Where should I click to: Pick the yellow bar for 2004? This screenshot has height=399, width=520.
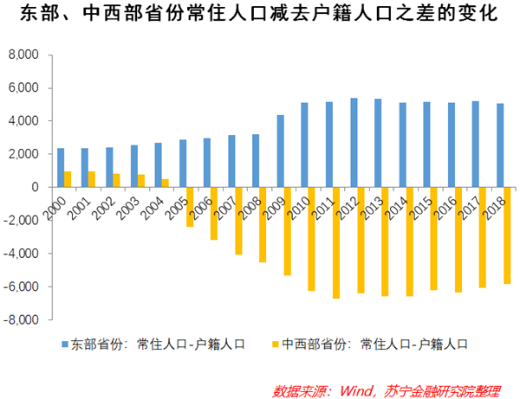(165, 183)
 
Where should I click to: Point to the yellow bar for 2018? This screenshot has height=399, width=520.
(507, 235)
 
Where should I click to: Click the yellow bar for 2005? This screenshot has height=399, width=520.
(189, 207)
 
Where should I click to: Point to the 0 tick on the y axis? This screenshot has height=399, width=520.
(36, 187)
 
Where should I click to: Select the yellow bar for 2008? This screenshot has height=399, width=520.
(263, 224)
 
